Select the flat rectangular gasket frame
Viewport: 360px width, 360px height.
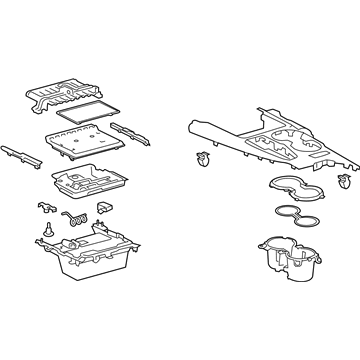coord(87,116)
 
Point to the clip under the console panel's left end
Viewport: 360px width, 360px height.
coord(204,157)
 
